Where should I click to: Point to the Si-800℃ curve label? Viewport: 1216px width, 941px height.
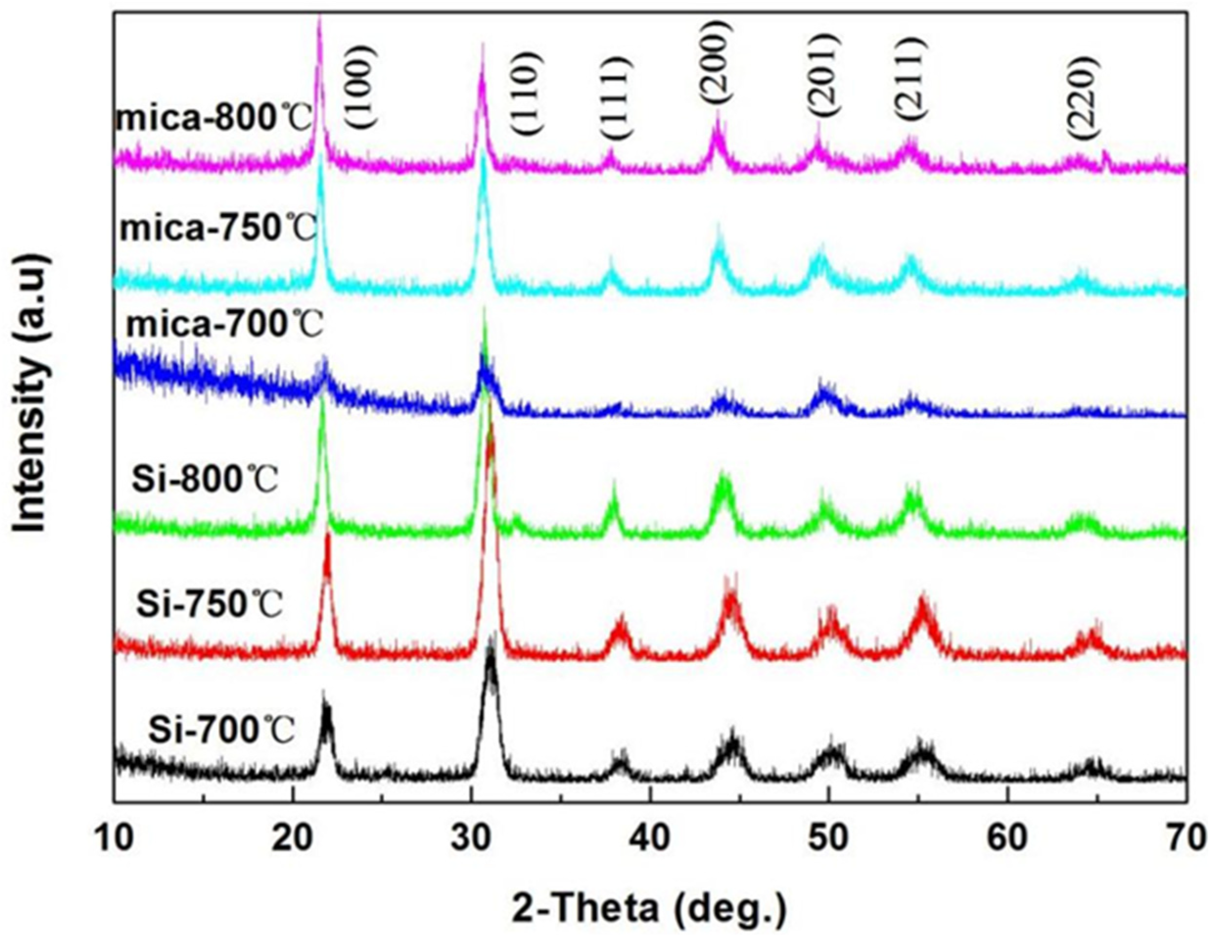(205, 481)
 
